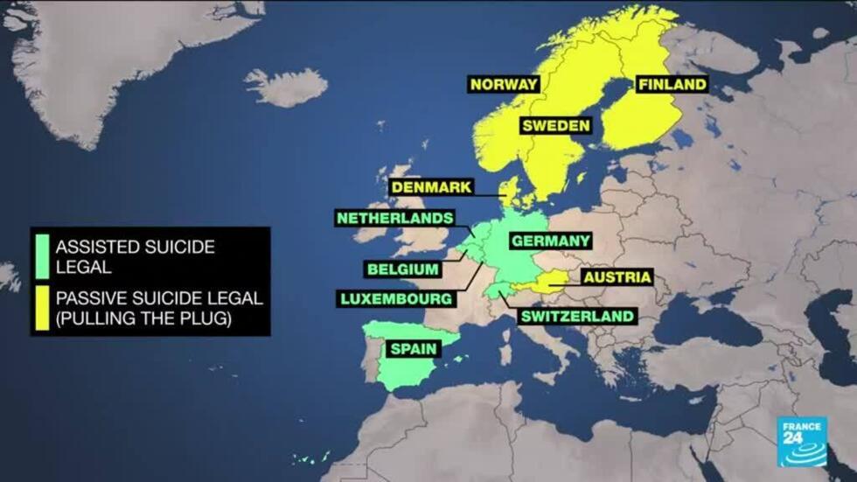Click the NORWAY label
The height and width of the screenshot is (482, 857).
pyautogui.click(x=505, y=85)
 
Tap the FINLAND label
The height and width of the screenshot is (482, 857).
pyautogui.click(x=672, y=85)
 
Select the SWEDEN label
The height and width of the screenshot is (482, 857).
pyautogui.click(x=555, y=126)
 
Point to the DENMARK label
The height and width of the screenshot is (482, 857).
pyautogui.click(x=432, y=187)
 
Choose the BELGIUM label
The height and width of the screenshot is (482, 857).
pyautogui.click(x=403, y=269)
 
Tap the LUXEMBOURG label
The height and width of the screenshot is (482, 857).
pyautogui.click(x=396, y=299)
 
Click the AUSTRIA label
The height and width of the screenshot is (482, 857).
pyautogui.click(x=617, y=277)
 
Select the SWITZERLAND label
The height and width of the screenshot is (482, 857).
pyautogui.click(x=577, y=316)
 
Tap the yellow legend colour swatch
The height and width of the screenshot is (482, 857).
pyautogui.click(x=40, y=309)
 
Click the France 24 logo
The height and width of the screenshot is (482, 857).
pyautogui.click(x=802, y=441)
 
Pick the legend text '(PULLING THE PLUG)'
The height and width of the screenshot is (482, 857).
pyautogui.click(x=143, y=319)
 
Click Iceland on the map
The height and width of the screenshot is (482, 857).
pyautogui.click(x=286, y=87)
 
